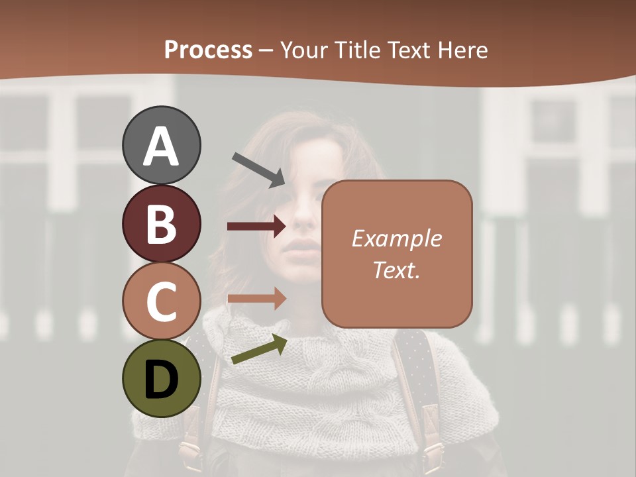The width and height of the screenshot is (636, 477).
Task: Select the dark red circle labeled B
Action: [x=161, y=223]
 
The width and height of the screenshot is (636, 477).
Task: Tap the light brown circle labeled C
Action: [x=161, y=301]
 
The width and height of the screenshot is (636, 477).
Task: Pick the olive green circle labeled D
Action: [x=161, y=378]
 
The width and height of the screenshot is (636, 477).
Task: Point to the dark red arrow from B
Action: [x=256, y=227]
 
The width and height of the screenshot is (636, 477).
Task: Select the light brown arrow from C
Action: [x=256, y=298]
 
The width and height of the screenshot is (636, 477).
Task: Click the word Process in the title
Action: [x=208, y=50]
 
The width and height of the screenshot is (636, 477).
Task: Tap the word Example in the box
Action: [x=396, y=238]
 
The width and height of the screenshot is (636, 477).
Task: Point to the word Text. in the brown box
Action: [x=396, y=270]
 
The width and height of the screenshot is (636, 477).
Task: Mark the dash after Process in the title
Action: [x=266, y=51]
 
